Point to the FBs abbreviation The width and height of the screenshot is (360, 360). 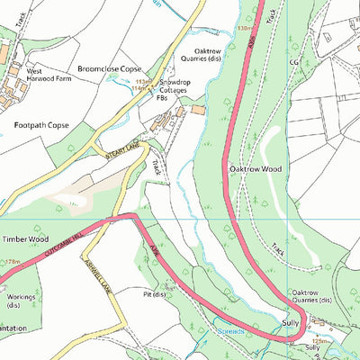tap(161, 97)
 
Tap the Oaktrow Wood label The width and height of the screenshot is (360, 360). tap(256, 168)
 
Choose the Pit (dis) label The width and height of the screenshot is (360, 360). tap(155, 294)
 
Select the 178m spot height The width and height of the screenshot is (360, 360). tap(11, 262)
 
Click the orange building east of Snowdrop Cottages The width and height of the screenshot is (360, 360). tap(197, 110)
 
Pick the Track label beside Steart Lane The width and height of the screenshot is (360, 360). tap(157, 166)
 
